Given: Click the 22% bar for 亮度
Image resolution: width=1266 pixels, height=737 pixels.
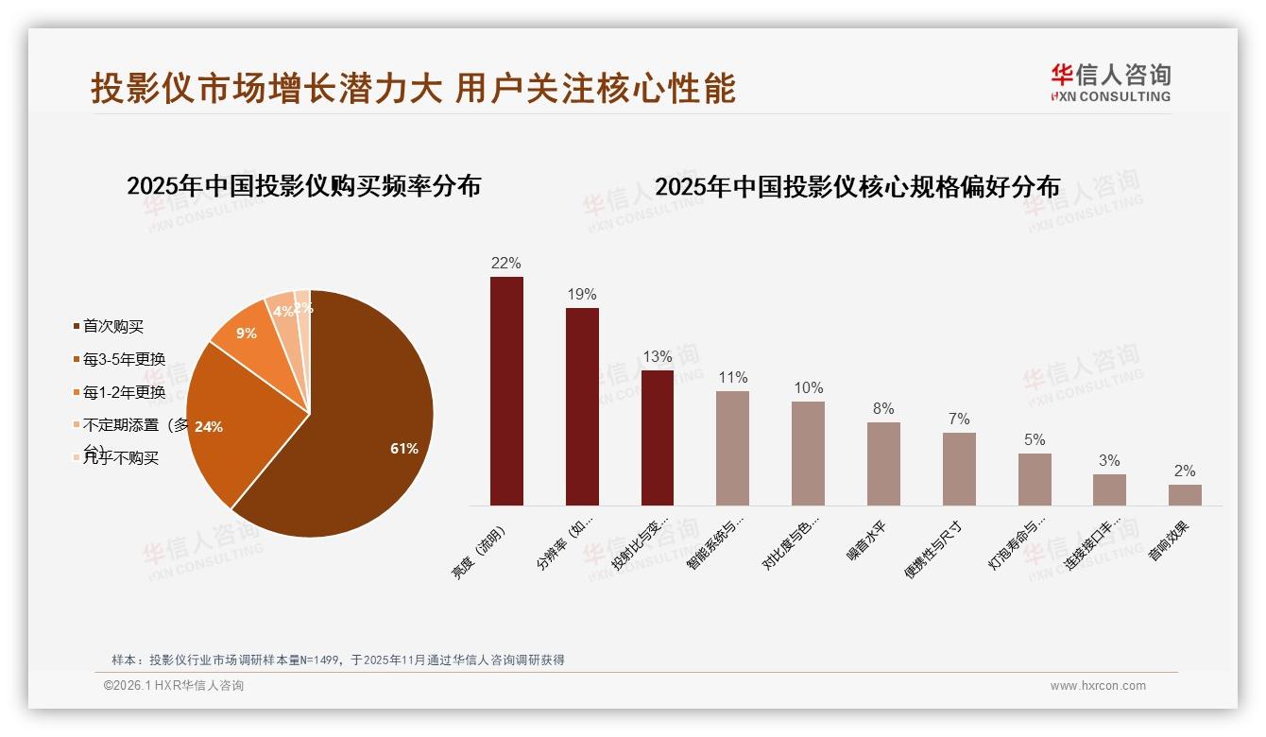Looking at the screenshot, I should tap(506, 391).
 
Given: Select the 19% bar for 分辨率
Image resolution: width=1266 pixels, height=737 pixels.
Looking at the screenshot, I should tap(582, 406).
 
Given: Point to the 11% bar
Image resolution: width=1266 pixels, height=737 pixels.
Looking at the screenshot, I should tap(732, 448).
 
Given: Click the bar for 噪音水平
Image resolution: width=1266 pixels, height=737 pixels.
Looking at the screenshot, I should tap(883, 464).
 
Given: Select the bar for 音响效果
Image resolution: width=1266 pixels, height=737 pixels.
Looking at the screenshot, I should tap(1185, 495).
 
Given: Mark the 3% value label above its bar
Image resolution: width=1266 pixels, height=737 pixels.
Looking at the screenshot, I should tap(1109, 461).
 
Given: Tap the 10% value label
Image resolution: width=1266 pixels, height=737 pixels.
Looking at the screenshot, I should tap(809, 388).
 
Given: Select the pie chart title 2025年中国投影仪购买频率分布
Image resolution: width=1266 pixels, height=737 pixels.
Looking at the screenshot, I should tap(303, 186).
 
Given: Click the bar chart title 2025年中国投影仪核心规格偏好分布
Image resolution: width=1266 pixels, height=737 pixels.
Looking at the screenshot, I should tap(857, 187).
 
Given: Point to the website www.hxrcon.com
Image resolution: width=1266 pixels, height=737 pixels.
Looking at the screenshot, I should tap(1098, 686).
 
